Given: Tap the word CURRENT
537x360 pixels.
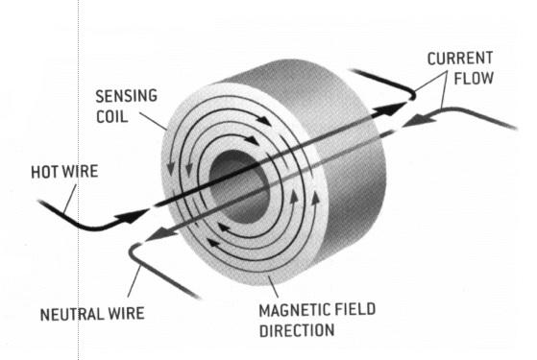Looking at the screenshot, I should point(460,58).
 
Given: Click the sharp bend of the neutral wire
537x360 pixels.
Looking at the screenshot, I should point(134,247).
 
